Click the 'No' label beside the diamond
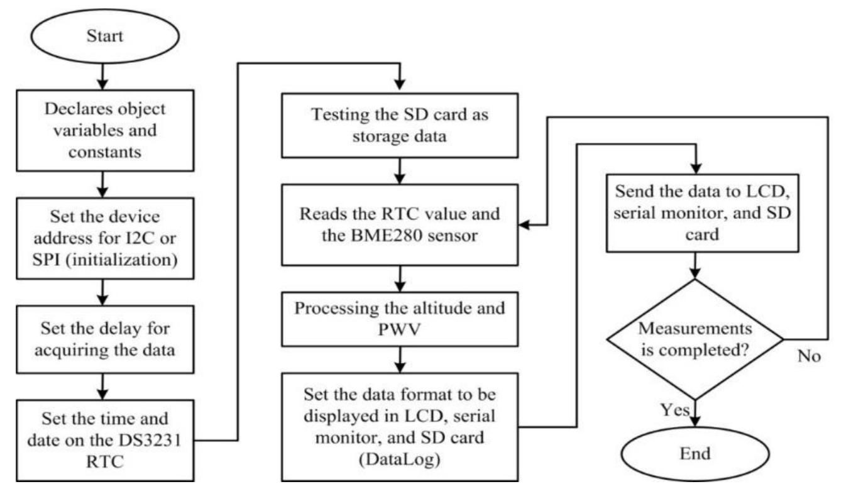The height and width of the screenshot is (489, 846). pos(809,356)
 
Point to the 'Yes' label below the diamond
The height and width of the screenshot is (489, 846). pos(675,410)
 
